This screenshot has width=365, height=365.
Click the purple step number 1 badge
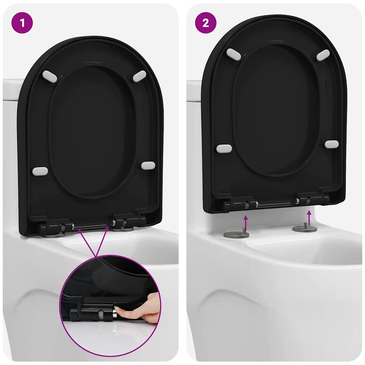22,23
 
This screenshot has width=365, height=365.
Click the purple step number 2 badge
206,23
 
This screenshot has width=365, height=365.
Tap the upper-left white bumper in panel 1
50,77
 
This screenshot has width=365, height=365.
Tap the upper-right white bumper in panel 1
139,76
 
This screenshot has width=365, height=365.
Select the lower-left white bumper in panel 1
40,171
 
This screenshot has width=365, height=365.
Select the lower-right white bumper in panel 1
148,165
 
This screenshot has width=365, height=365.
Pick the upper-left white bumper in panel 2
234,54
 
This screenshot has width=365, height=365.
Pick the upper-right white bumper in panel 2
323,55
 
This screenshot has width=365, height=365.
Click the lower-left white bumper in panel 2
224,148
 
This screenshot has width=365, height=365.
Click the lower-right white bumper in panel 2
331,144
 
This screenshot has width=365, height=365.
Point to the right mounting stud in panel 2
305,227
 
